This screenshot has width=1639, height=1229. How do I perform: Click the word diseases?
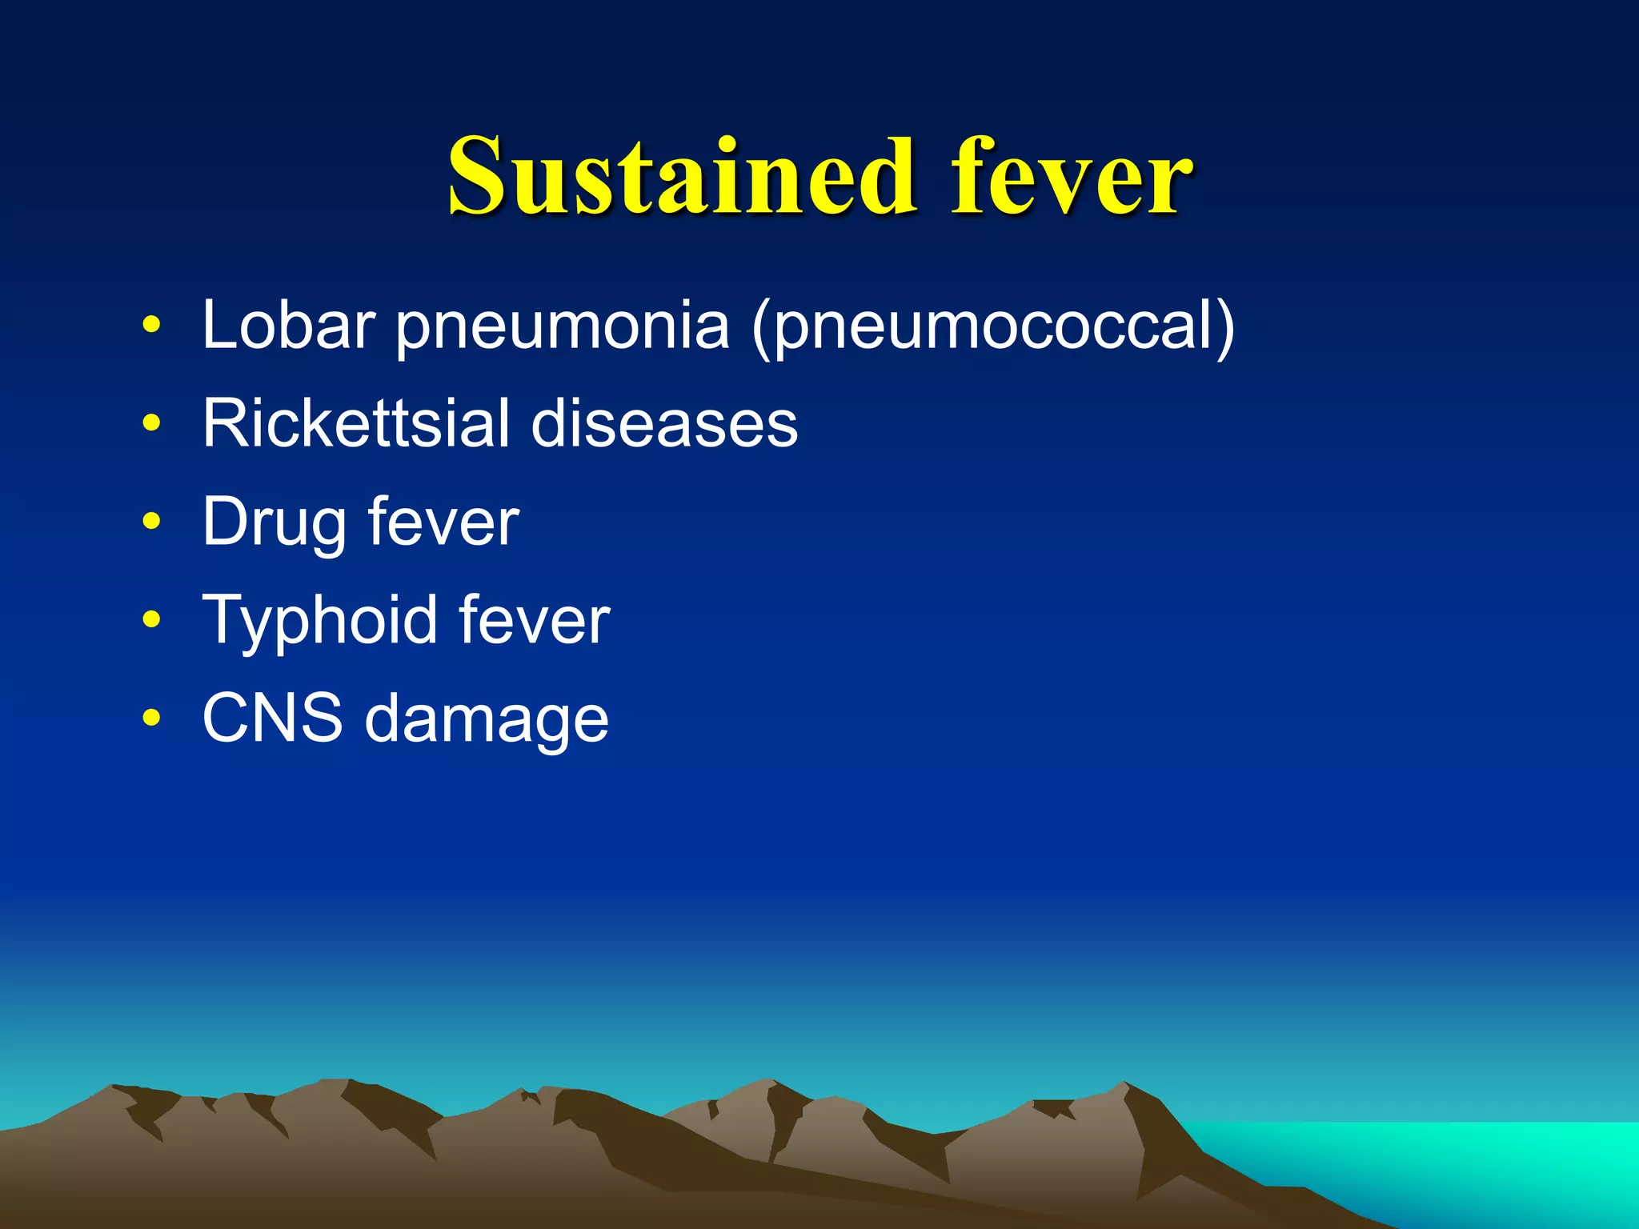click(664, 423)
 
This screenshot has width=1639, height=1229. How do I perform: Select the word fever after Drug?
click(443, 522)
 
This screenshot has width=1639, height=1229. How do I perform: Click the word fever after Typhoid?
click(534, 620)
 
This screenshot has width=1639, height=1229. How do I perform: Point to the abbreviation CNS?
click(272, 718)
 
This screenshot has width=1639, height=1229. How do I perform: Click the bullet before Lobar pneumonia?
click(150, 326)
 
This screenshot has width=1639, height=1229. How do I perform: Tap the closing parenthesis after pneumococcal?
click(1225, 328)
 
